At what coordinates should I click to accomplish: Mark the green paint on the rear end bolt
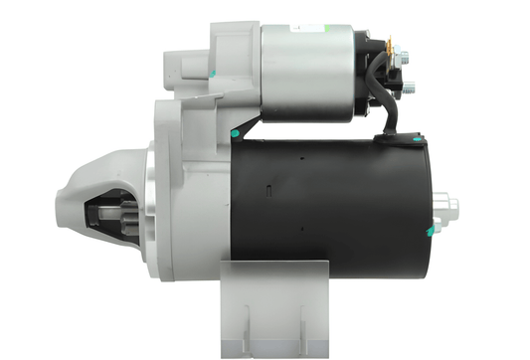[x=431, y=232]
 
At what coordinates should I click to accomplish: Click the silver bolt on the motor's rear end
[x=448, y=207]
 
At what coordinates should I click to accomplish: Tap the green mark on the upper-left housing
[x=213, y=73]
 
